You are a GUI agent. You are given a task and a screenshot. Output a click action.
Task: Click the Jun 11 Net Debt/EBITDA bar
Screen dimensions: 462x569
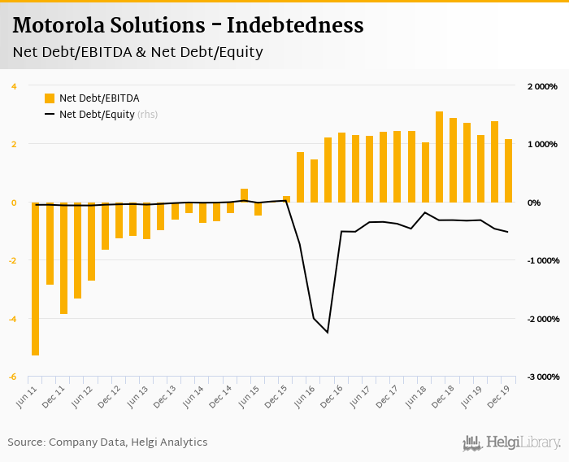(x=36, y=279)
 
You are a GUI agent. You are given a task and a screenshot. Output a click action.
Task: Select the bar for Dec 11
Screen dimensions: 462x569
(x=63, y=258)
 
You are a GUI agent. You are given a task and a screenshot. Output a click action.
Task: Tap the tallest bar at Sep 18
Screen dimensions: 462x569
(x=439, y=157)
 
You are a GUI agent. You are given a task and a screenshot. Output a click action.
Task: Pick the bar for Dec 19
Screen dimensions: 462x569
(x=509, y=171)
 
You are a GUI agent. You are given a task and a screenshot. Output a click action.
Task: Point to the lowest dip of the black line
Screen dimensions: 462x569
(x=328, y=332)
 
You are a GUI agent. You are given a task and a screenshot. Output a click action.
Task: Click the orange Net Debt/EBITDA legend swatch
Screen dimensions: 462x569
(x=50, y=98)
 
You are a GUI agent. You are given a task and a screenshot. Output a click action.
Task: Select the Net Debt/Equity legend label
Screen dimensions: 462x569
(x=97, y=115)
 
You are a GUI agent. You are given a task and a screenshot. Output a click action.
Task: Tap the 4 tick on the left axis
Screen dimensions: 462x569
(x=14, y=86)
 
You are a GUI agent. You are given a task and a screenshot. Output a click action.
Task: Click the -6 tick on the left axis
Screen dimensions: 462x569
(x=12, y=377)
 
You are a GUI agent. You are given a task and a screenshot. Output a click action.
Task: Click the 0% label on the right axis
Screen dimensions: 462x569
(x=535, y=203)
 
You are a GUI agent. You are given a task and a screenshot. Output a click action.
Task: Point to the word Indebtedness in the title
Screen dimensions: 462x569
(x=295, y=25)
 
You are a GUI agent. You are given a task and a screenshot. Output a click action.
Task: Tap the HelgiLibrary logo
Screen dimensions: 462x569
(x=511, y=442)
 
